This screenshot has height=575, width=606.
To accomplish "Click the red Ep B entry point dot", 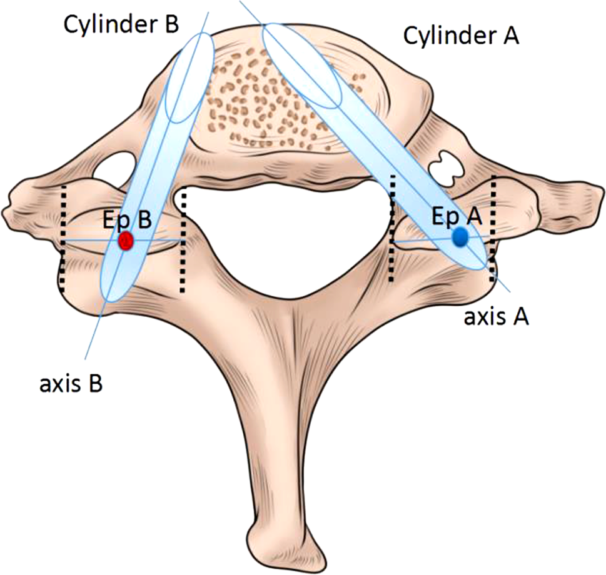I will pos(126,239).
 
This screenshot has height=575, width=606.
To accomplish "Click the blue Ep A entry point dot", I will pos(461,236).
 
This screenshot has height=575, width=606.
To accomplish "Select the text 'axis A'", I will pos(497,317).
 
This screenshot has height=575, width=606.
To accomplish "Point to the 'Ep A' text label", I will pos(457,216).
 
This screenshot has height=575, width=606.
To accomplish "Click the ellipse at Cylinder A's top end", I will pos(302,65).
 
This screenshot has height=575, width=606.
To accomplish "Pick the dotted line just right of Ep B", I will pos(183,240).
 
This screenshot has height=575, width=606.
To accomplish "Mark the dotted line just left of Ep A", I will pos(392,228).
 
